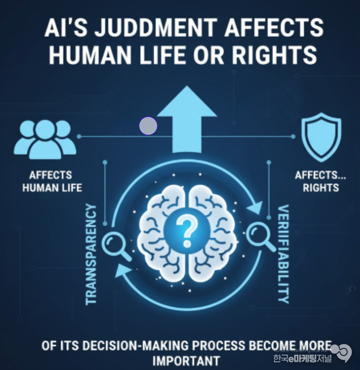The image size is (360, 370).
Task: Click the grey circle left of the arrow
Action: tap(148, 126)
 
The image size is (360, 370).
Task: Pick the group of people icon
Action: tap(45, 139)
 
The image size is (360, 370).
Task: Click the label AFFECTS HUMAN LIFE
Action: tap(52, 181)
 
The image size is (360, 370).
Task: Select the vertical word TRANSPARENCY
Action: tap(91, 254)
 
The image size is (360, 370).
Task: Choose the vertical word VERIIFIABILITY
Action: tap(284, 254)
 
